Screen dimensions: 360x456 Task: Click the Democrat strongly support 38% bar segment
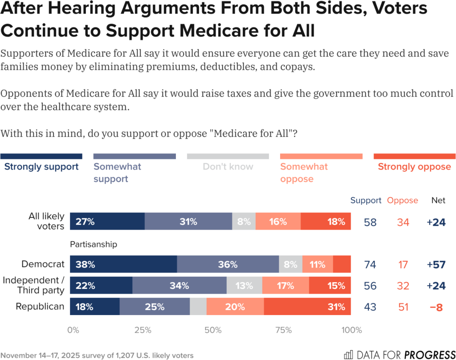[123, 264]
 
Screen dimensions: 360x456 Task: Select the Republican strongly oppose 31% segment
[307, 307]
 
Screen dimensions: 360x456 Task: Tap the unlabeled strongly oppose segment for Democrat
[342, 264]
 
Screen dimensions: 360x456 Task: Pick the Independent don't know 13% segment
[244, 286]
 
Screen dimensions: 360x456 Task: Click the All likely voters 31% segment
[188, 222]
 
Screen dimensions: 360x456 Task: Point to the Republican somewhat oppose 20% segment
[235, 307]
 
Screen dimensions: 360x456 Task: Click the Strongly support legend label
[41, 167]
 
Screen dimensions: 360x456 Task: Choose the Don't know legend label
[228, 167]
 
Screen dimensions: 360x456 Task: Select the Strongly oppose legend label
[414, 167]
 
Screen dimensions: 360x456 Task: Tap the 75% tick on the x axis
[284, 330]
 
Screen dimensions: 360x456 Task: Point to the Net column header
[438, 200]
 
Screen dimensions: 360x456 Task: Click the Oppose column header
[403, 200]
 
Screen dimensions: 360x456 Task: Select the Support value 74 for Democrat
[370, 265]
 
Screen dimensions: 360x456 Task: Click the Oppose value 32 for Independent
[403, 286]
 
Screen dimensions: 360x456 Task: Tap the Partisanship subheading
[94, 244]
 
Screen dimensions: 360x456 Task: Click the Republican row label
[40, 307]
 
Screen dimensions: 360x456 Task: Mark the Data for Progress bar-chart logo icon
[349, 355]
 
